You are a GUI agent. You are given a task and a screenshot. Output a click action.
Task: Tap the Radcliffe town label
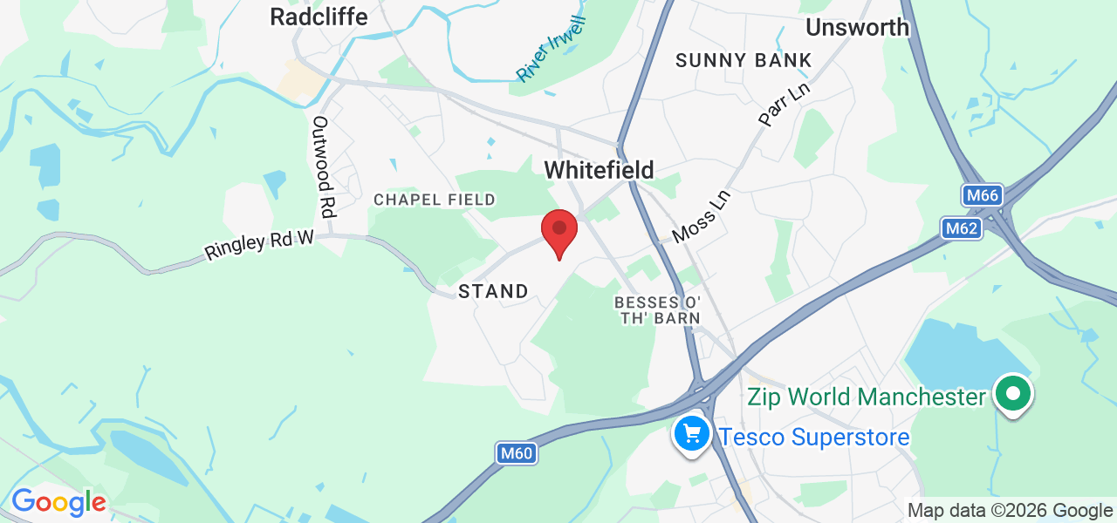click(319, 17)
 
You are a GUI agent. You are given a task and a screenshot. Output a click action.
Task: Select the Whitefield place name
click(599, 170)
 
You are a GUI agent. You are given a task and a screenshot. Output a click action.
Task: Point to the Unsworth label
click(857, 27)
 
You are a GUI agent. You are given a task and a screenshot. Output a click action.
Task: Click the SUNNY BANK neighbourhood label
click(744, 61)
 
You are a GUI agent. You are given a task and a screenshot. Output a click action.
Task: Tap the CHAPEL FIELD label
click(435, 200)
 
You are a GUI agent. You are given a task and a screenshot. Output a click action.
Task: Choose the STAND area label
click(493, 291)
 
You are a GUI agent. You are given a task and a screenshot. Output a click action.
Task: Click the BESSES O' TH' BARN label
click(657, 309)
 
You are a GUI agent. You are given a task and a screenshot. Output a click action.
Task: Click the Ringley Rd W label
click(258, 244)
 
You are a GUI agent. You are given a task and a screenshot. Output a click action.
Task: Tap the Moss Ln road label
click(700, 217)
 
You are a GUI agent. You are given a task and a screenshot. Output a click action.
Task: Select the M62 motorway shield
click(962, 229)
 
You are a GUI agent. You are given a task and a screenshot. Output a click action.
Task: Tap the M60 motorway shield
click(516, 453)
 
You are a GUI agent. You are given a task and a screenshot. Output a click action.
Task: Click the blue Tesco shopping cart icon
click(693, 432)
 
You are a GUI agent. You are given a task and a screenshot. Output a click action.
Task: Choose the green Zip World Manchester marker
click(1012, 394)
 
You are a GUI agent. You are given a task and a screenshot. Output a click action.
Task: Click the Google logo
click(58, 502)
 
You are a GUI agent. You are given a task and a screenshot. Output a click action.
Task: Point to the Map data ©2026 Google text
click(1010, 511)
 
